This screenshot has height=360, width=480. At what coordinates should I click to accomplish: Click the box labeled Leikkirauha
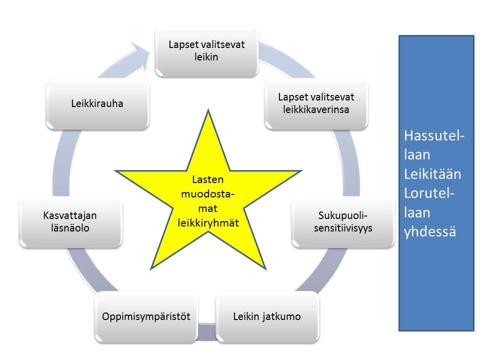click(x=97, y=103)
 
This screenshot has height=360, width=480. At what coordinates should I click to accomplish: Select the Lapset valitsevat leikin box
click(x=206, y=50)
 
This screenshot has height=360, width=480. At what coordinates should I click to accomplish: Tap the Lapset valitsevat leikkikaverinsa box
click(x=316, y=102)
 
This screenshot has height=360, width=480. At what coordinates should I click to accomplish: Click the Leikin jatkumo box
click(x=267, y=316)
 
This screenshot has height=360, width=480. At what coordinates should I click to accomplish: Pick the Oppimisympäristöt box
click(x=147, y=316)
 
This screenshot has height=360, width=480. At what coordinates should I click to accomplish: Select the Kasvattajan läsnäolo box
click(x=70, y=221)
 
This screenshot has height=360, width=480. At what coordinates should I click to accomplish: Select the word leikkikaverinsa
click(x=316, y=108)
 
